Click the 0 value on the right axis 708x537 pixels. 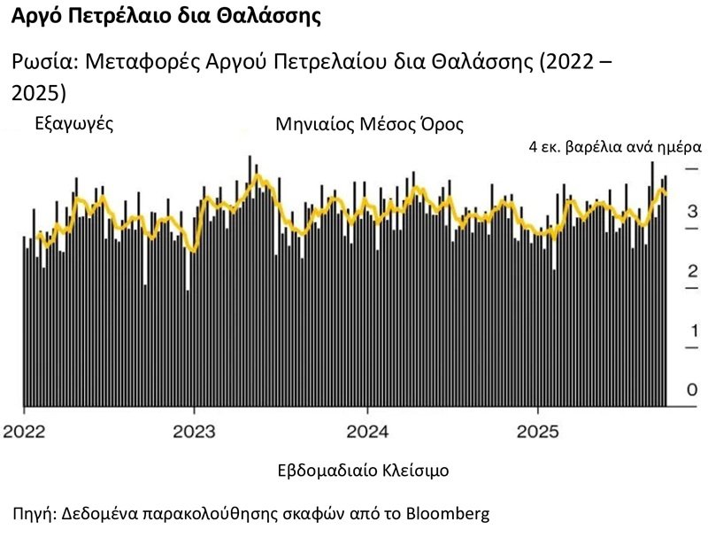[693, 390]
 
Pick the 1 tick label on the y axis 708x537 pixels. [693, 331]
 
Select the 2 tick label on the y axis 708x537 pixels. [693, 271]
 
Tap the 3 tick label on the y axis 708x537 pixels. [693, 212]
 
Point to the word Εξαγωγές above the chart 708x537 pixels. [73, 123]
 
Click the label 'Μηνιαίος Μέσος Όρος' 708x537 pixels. [370, 123]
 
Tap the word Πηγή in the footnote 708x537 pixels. [34, 513]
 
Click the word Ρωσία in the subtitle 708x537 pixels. [41, 64]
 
